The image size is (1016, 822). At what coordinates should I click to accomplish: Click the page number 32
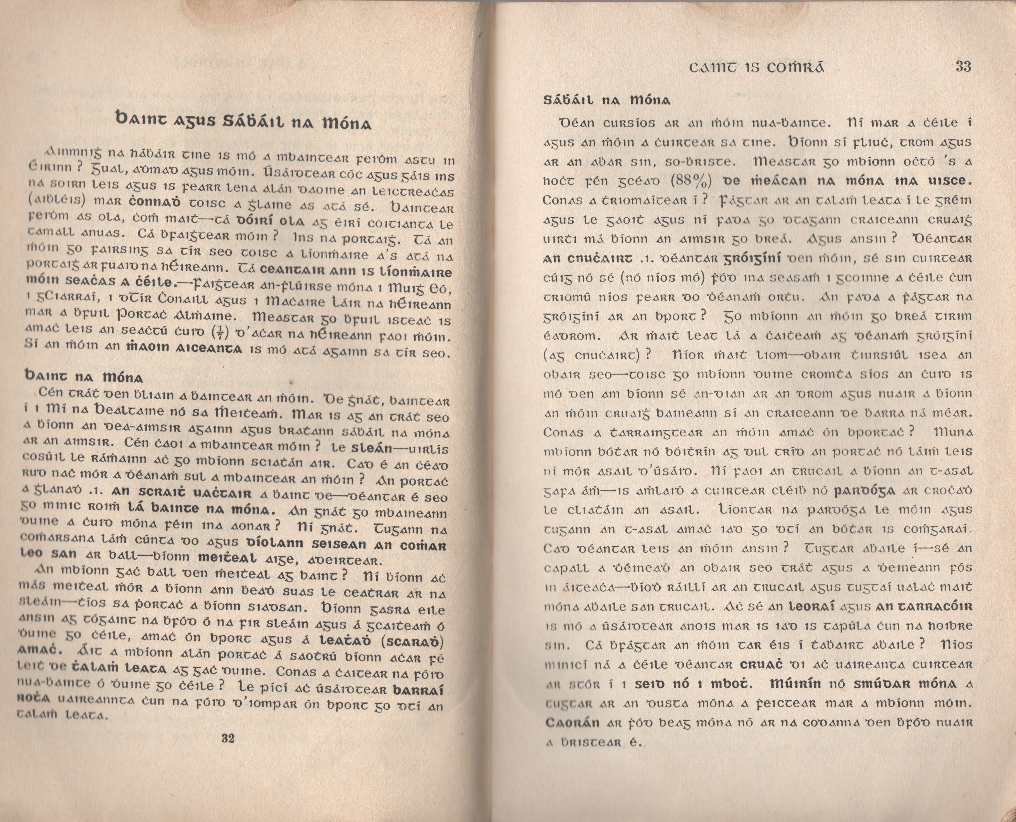[228, 738]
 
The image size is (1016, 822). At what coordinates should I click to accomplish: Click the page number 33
[963, 67]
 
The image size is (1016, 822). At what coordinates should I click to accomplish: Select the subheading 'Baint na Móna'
[83, 377]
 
